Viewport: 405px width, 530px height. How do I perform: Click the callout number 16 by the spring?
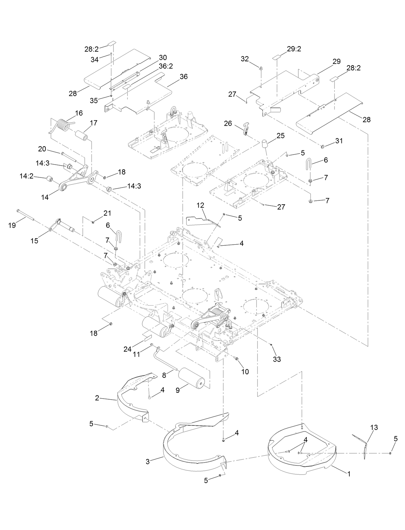click(79, 113)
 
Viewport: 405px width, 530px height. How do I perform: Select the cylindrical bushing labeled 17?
click(82, 136)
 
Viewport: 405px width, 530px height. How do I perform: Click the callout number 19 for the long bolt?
click(12, 225)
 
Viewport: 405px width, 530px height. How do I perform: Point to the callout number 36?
click(183, 77)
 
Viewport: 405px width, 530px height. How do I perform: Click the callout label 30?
click(163, 57)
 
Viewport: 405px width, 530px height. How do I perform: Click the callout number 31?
click(339, 141)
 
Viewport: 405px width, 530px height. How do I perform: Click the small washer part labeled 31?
click(322, 147)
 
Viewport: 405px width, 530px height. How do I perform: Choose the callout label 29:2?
click(294, 49)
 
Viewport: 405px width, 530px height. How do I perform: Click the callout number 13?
click(374, 427)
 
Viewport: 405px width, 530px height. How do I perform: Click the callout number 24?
click(128, 349)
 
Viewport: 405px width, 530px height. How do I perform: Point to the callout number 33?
click(277, 359)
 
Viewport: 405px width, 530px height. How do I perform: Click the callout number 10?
click(245, 372)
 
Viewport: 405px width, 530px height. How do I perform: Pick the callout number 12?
click(200, 205)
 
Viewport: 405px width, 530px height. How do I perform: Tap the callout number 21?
click(107, 213)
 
